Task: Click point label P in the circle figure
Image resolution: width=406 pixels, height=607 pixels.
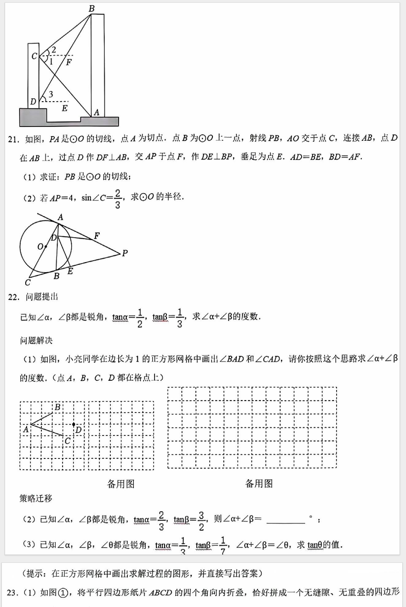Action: [x=124, y=253]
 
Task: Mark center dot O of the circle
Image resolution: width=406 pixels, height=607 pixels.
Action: [x=46, y=246]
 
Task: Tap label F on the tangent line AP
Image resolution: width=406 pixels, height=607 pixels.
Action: [x=97, y=236]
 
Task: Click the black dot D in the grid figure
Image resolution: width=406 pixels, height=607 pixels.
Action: [x=74, y=424]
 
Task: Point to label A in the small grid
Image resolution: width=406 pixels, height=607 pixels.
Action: [x=26, y=429]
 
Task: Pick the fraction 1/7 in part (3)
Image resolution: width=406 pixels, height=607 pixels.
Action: [x=223, y=546]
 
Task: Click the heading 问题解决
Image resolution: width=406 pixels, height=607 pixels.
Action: [x=36, y=340]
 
